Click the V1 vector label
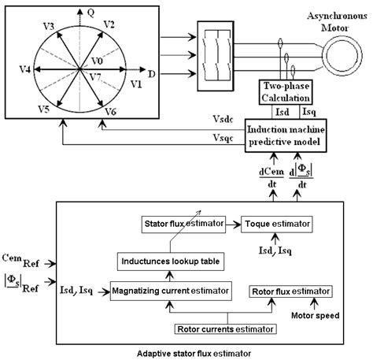[x=136, y=82]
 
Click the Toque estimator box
[x=271, y=223]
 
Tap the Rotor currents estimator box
[x=223, y=327]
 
